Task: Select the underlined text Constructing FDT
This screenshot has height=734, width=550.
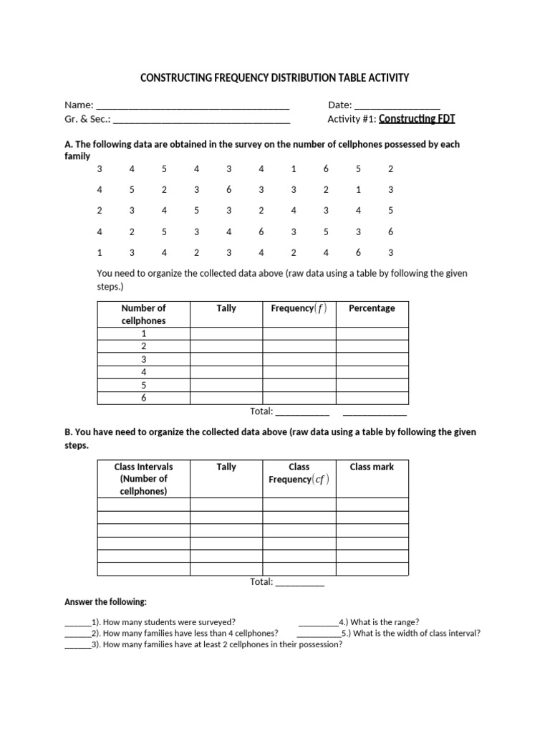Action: coord(417,119)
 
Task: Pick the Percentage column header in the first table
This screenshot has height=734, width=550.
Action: coord(372,308)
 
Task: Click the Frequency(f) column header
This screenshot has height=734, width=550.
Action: coord(299,308)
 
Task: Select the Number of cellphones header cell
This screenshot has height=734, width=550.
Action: coord(143,315)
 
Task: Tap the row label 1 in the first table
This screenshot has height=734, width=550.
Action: coord(143,334)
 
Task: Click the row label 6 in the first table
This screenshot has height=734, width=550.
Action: coord(143,399)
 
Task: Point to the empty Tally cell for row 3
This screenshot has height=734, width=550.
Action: coord(226,360)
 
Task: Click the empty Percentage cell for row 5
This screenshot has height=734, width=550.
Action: coord(372,386)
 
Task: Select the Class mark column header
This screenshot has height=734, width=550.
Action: coord(372,467)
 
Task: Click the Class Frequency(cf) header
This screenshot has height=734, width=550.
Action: coord(299,473)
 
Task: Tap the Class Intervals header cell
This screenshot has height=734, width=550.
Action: coord(143,479)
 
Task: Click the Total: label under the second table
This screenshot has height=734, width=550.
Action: coord(261,582)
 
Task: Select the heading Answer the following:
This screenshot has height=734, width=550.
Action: coord(105,602)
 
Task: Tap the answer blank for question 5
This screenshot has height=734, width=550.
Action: coord(318,634)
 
